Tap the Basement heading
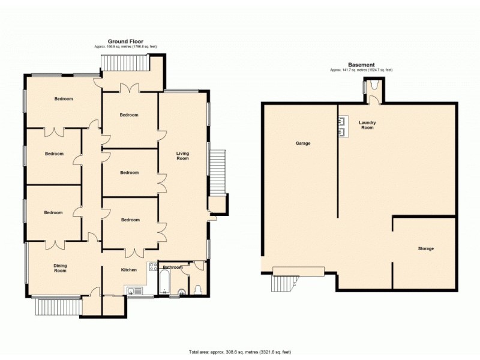pyautogui.click(x=361, y=65)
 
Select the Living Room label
pyautogui.click(x=182, y=156)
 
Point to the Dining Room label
pyautogui.click(x=60, y=268)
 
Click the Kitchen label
pyautogui.click(x=129, y=270)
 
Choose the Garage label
pyautogui.click(x=302, y=143)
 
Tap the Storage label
pyautogui.click(x=426, y=248)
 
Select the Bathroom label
pyautogui.click(x=173, y=267)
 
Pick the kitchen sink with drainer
pyautogui.click(x=134, y=291)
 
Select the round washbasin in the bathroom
pyautogui.click(x=181, y=293)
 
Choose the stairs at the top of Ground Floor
pyautogui.click(x=125, y=62)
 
